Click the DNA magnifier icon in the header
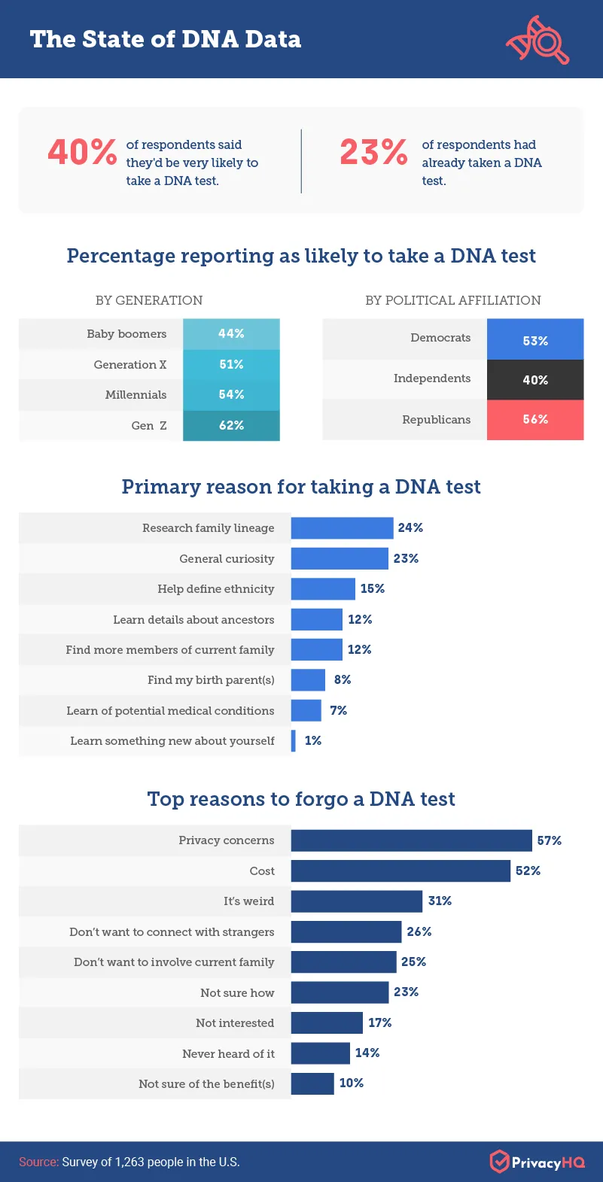tap(537, 39)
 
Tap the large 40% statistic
tap(82, 151)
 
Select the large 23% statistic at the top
tap(373, 151)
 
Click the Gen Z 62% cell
tap(231, 425)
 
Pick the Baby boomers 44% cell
tap(231, 333)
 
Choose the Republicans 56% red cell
tap(535, 419)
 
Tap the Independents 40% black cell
tap(535, 380)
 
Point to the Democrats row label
tap(440, 338)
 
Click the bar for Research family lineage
tap(342, 528)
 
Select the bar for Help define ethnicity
tap(323, 589)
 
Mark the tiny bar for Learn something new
tap(294, 741)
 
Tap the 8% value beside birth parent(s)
tap(343, 679)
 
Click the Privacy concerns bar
tap(411, 840)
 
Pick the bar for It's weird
tap(356, 901)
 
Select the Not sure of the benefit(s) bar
tap(312, 1083)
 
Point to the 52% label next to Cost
tap(528, 871)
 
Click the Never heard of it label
tap(228, 1053)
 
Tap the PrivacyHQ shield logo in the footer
tap(499, 1162)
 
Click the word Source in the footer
tap(38, 1162)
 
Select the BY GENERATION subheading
tap(149, 300)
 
